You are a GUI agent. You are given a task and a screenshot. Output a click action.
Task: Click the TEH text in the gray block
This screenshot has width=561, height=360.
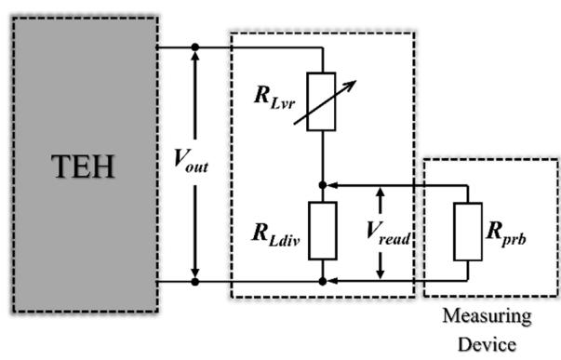[83, 167]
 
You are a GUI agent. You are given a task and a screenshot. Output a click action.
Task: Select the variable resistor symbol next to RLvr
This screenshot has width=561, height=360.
[321, 101]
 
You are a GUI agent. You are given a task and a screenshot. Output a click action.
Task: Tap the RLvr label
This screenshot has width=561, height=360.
[274, 98]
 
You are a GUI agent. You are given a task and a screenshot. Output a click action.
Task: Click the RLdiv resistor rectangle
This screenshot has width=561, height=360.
[322, 231]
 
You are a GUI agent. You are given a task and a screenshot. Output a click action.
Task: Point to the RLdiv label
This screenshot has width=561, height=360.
[276, 234]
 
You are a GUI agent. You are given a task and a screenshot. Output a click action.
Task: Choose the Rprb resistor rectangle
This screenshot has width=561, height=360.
[468, 232]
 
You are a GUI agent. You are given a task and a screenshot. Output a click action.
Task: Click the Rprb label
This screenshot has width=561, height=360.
[506, 234]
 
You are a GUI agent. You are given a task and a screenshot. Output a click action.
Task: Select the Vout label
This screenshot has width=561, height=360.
[191, 161]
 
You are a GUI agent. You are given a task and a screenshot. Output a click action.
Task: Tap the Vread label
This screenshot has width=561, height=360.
[388, 234]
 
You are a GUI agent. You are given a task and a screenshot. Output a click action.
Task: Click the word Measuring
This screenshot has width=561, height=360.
[487, 317]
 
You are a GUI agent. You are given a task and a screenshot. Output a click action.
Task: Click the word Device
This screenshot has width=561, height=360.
[487, 344]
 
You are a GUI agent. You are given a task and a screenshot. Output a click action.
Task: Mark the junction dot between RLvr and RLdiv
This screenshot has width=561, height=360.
[322, 185]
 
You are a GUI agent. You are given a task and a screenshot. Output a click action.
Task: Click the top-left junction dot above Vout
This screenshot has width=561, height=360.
[195, 47]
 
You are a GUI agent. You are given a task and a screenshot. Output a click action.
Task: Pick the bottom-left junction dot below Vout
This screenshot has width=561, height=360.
[195, 282]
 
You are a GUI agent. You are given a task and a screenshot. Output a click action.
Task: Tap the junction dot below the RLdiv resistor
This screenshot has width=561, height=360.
[322, 282]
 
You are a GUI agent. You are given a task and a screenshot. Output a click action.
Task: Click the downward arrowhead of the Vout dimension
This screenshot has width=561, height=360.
[195, 273]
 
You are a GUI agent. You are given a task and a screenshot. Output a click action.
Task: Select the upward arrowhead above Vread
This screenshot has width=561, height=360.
[381, 193]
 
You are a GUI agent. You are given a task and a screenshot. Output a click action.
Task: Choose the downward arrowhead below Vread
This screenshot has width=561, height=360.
[381, 273]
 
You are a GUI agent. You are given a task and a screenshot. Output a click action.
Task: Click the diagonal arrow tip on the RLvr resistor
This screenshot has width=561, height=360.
[356, 81]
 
